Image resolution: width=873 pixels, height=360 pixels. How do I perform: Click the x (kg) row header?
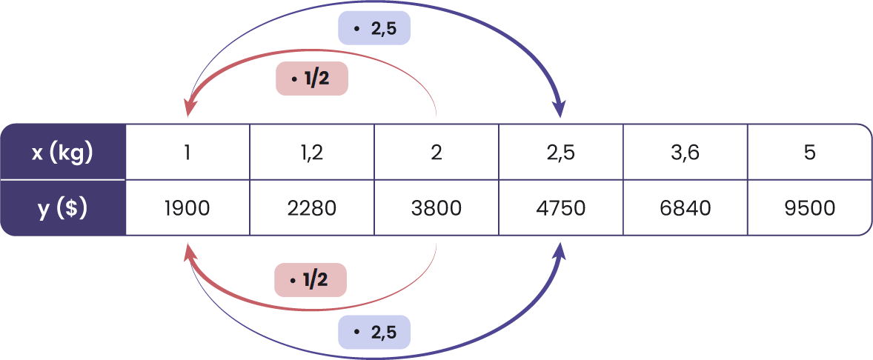tap(63, 153)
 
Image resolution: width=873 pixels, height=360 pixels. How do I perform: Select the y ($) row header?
tap(63, 208)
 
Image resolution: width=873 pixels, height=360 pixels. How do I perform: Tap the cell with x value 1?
tap(187, 153)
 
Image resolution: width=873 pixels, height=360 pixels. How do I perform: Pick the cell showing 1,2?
tap(312, 153)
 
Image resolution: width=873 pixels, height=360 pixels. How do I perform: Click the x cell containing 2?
tap(437, 153)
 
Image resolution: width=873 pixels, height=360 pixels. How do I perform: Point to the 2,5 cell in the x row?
tap(561, 153)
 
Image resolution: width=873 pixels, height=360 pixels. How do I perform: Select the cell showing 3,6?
tap(686, 153)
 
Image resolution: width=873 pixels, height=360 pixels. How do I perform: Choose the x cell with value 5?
tap(809, 153)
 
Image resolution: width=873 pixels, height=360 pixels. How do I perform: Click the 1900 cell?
tap(187, 208)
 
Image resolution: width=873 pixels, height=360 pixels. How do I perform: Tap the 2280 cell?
tap(312, 208)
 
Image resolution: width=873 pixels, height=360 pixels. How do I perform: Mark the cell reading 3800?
tap(437, 208)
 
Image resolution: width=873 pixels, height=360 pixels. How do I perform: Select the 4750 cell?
tap(561, 208)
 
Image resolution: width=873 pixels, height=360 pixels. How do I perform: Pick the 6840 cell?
tap(686, 208)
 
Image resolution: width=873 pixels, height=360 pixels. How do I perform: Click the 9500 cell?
tap(809, 208)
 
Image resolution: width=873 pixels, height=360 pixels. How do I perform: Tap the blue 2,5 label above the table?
tap(374, 29)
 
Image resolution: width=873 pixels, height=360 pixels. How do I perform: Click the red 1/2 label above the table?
tap(312, 79)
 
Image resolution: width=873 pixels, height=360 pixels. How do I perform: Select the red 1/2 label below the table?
tap(311, 280)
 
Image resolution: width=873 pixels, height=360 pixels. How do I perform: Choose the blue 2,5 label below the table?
tap(374, 333)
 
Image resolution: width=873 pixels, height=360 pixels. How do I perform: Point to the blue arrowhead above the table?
tap(560, 110)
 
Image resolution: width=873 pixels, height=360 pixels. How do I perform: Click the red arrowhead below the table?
tap(189, 255)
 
